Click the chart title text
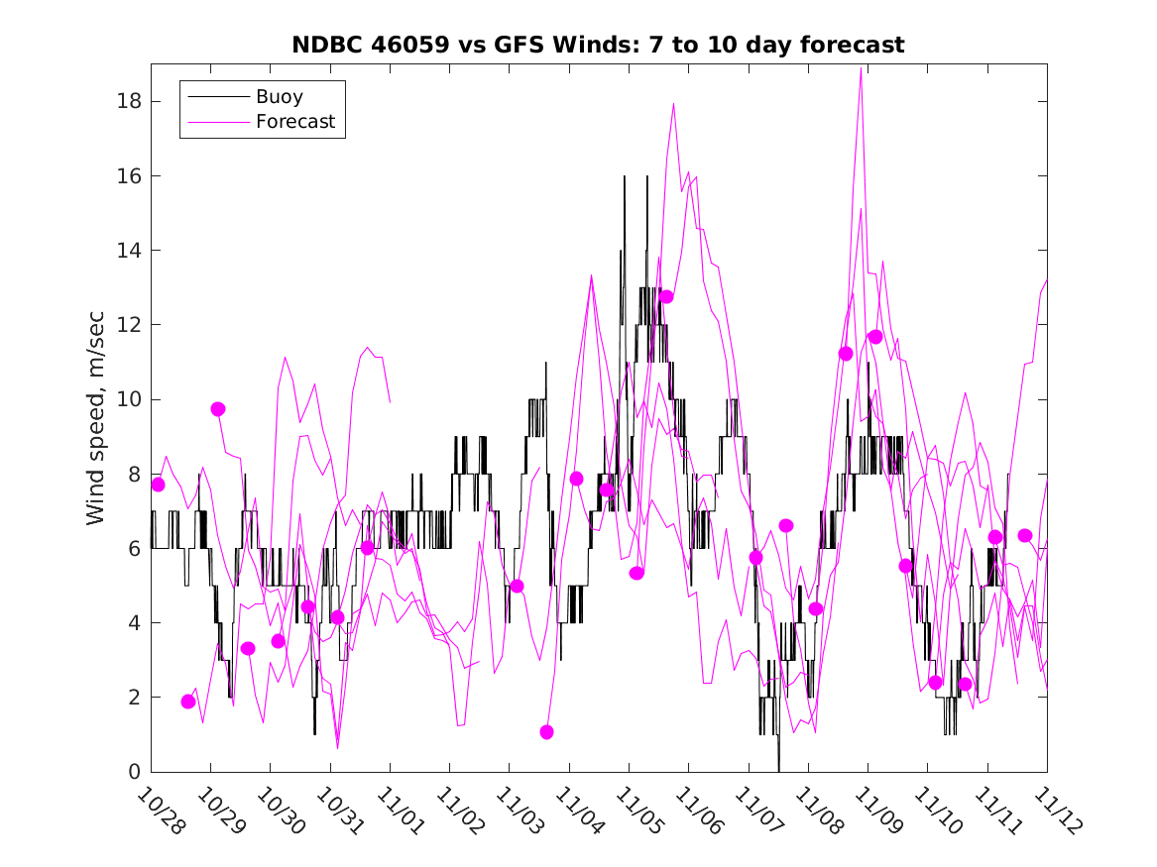[598, 46]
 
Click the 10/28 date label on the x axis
[160, 811]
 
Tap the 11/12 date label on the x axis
[1055, 811]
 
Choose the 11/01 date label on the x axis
[399, 811]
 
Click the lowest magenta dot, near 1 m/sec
[546, 732]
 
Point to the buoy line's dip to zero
[778, 769]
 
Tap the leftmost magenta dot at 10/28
[158, 485]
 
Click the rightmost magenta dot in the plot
[1025, 536]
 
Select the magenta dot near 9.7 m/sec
[218, 409]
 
